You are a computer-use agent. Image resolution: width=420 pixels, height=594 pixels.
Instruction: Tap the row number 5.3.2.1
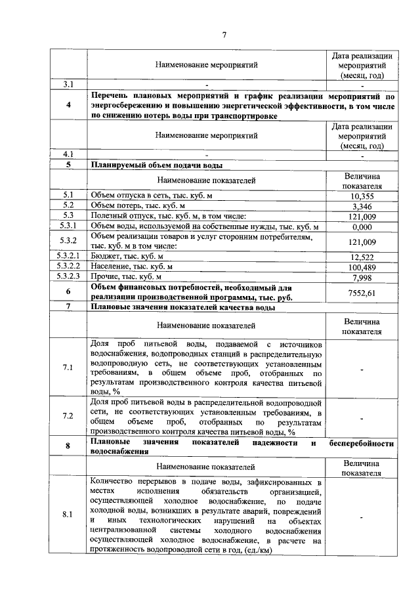(x=68, y=257)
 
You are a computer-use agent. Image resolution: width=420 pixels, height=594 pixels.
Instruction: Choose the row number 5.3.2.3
(x=68, y=277)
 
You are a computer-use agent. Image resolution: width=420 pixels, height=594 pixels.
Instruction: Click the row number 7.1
(x=68, y=367)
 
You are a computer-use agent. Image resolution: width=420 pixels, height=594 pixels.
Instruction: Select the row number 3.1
(x=68, y=84)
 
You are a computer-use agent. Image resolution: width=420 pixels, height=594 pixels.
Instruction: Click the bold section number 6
(x=68, y=292)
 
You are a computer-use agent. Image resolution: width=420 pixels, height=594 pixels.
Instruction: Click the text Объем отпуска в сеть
(x=136, y=196)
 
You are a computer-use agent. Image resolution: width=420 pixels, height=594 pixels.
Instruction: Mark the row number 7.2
(x=68, y=416)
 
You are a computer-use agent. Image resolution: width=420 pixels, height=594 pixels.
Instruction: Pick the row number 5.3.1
(x=68, y=226)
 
